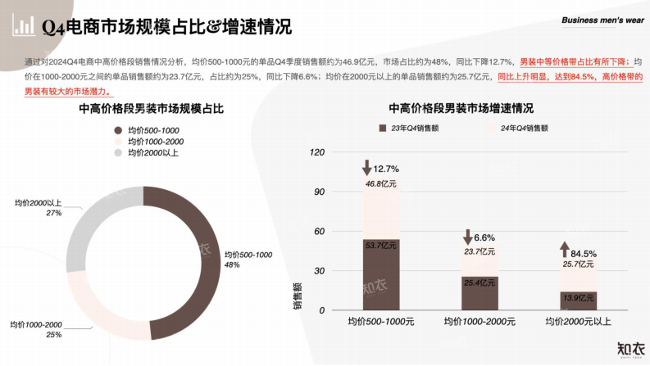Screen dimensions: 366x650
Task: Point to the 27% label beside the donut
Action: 54,213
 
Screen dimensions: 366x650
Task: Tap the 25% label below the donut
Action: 54,335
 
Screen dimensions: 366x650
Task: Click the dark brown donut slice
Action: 202,246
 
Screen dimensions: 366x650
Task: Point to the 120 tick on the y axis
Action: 316,152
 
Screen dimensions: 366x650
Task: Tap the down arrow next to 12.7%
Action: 367,169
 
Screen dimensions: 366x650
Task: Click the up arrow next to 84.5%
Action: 565,251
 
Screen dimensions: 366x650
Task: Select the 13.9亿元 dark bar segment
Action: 578,300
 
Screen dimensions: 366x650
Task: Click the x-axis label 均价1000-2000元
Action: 480,322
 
